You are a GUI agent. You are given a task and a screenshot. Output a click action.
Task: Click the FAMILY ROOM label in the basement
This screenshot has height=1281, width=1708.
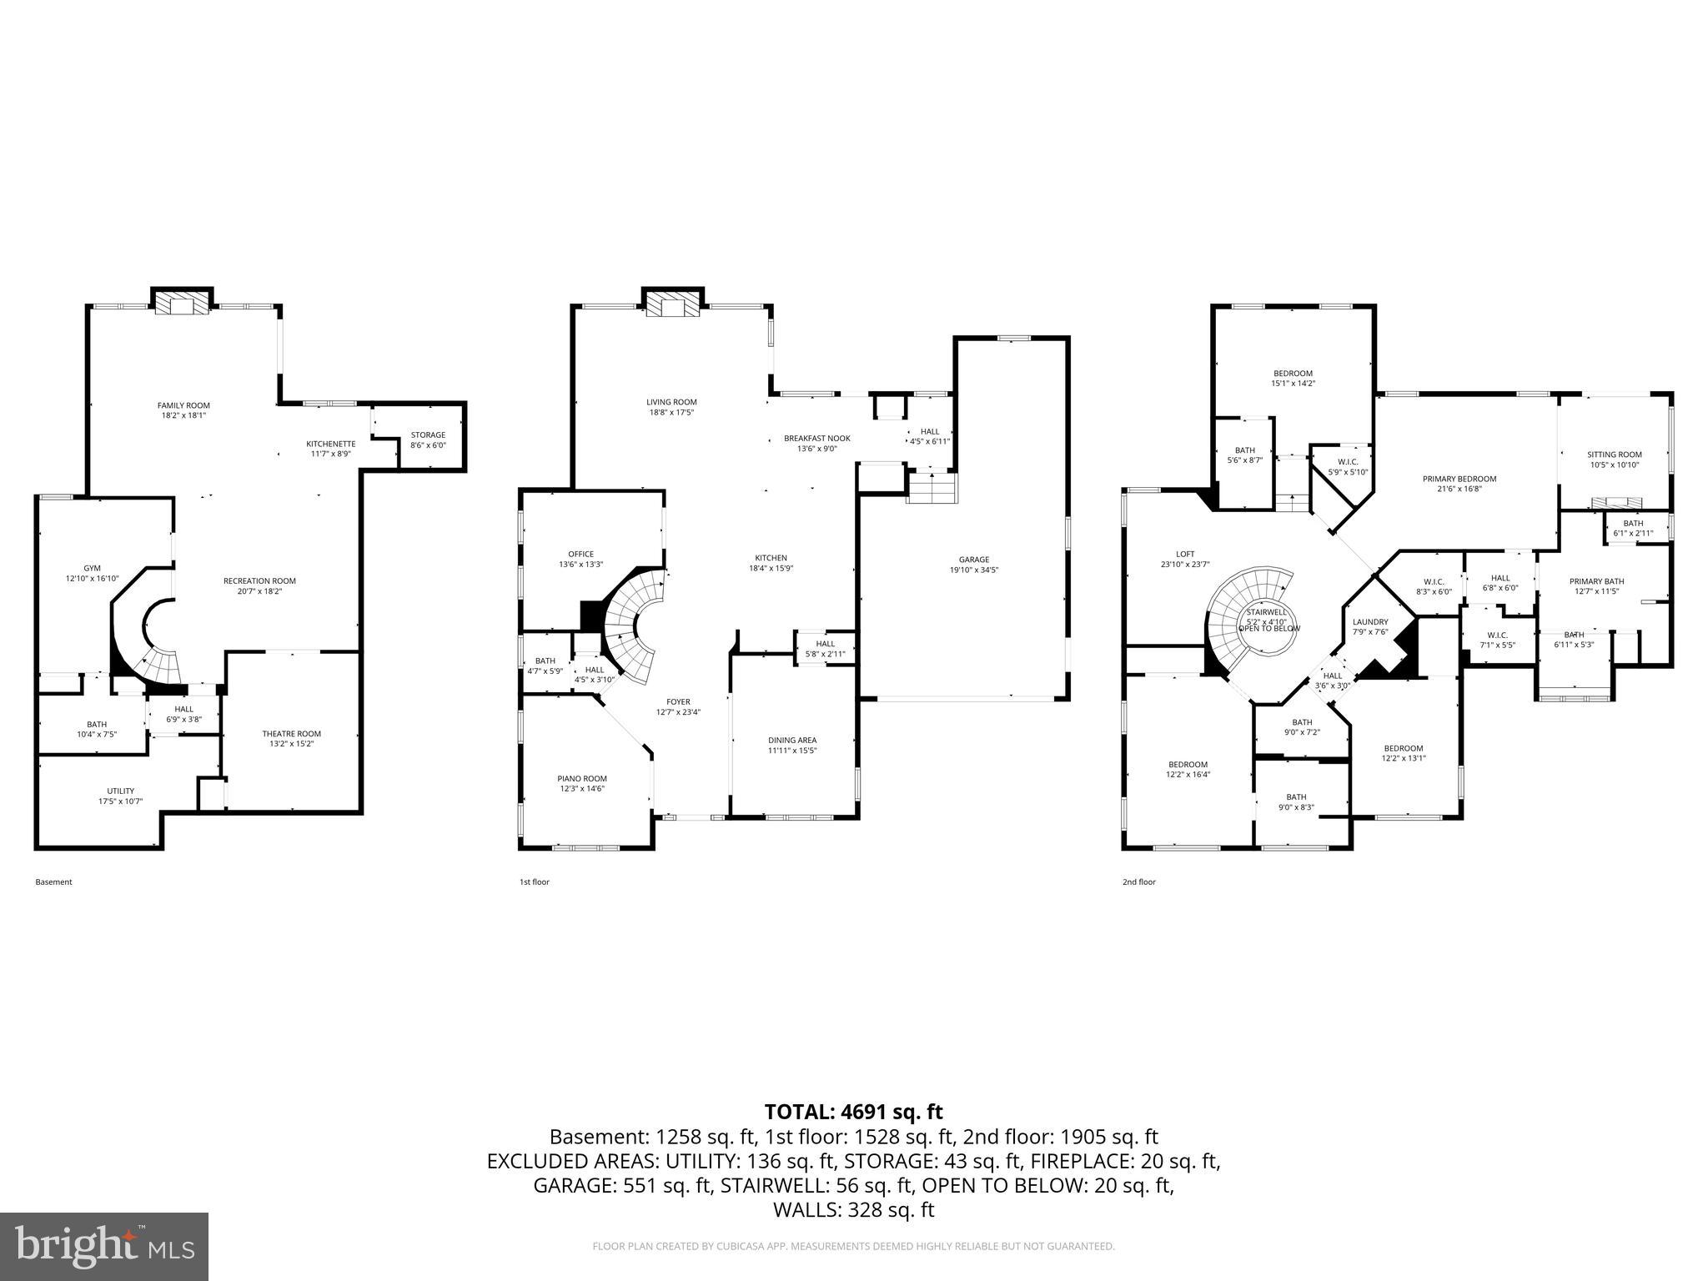[183, 406]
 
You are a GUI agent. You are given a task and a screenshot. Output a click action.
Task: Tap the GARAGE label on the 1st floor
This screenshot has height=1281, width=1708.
[973, 560]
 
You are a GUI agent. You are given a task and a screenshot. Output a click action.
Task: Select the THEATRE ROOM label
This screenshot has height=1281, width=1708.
[291, 734]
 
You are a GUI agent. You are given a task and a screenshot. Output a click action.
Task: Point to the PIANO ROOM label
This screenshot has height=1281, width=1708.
[582, 778]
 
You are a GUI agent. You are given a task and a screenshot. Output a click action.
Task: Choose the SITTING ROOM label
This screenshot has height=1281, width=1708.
[1614, 455]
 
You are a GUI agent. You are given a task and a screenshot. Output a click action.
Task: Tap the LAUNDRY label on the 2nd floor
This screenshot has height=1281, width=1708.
[1370, 621]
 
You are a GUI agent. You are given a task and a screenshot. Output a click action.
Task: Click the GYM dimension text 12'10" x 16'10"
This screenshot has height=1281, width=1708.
[93, 578]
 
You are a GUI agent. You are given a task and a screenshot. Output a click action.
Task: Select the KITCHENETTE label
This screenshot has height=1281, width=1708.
[330, 444]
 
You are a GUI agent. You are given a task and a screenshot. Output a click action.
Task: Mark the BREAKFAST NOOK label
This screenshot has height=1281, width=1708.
[816, 438]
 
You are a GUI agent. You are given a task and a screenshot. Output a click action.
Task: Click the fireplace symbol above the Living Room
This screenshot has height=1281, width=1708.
[672, 304]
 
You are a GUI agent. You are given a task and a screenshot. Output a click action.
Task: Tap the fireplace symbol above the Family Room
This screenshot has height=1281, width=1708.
[182, 304]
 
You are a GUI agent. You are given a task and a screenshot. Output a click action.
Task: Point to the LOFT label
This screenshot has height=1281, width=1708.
[1185, 554]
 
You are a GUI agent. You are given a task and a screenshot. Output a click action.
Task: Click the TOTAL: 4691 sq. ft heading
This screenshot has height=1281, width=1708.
[853, 1112]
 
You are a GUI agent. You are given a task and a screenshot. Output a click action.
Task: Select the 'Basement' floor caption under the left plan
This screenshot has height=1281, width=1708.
[53, 882]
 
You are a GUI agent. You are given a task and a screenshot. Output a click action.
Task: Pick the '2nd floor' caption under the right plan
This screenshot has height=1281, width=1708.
[1138, 882]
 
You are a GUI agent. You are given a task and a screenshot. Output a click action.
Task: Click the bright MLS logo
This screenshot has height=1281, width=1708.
[104, 1246]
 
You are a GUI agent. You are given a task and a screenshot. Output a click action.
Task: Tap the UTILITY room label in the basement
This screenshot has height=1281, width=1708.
[120, 791]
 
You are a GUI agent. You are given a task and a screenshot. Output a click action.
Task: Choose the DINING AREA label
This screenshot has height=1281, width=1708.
[791, 740]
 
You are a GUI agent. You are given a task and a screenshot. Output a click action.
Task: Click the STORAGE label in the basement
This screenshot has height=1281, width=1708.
[428, 435]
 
